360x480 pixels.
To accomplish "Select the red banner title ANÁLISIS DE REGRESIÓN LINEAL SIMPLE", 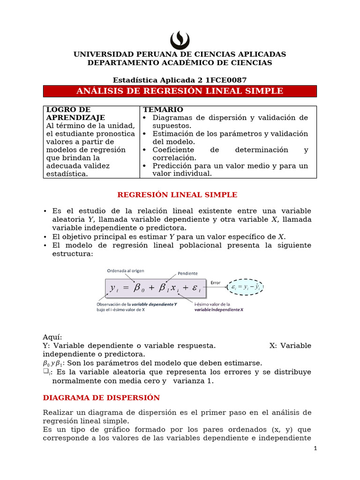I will point(180,91).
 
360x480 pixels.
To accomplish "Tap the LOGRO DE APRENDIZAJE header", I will point(75,113).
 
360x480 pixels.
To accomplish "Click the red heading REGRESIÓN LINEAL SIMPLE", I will point(177,195).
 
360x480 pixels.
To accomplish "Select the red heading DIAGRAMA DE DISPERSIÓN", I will point(101,397).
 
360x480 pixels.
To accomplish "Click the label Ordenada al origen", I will point(125,270).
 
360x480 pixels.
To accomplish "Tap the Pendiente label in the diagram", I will point(187,273).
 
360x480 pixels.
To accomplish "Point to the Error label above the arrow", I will point(215,283).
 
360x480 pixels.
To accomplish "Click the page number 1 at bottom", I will point(315,448).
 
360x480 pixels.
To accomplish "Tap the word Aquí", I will point(52,337).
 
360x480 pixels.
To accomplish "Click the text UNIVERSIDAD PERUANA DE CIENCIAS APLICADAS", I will point(180,54).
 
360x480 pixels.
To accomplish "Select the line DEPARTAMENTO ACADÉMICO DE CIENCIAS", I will point(180,62).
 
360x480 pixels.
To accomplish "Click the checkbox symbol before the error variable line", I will point(45,372).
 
